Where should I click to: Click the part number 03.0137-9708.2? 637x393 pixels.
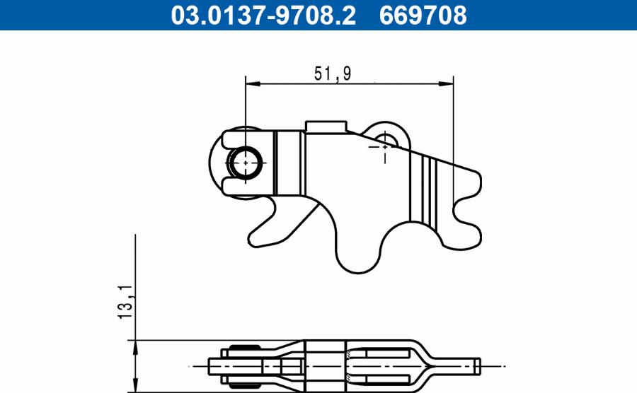tap(263, 15)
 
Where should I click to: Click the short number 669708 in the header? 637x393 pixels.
tap(423, 15)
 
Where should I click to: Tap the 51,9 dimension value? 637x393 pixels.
tap(333, 73)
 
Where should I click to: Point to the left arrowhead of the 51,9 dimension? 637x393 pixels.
tap(250, 84)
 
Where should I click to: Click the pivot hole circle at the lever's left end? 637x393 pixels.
tap(245, 162)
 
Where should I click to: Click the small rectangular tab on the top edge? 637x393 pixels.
tap(326, 126)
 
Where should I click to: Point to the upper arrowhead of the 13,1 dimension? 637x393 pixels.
tap(134, 344)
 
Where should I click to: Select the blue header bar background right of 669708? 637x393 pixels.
tap(552, 15)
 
